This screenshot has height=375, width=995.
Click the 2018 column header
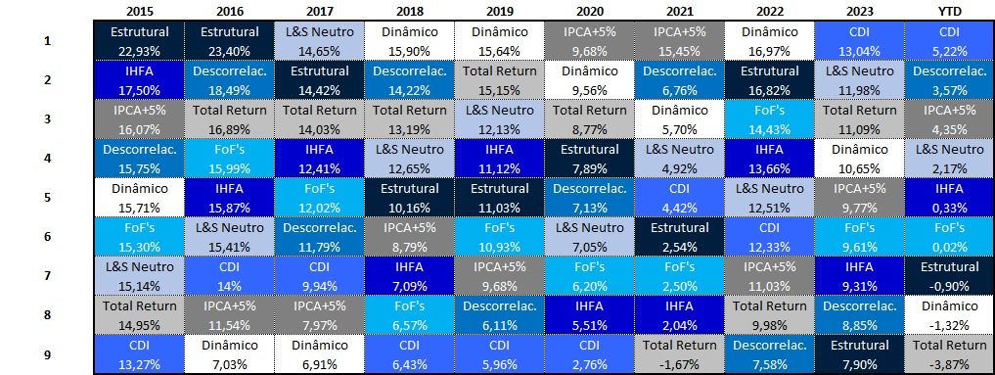(409, 12)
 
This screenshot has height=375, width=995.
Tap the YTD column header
(949, 12)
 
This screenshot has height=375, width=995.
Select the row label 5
(47, 197)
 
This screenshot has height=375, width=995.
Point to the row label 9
(47, 354)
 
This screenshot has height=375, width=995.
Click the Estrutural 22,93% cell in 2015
(139, 40)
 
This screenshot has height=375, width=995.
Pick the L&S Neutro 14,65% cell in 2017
(319, 40)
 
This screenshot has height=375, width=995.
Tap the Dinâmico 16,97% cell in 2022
(769, 40)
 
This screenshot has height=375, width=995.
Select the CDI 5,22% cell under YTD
(949, 40)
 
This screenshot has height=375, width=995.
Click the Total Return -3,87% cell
(949, 354)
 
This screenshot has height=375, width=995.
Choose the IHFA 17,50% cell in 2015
(139, 80)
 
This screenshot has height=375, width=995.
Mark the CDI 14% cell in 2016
(229, 276)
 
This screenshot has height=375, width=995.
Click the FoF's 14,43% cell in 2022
(769, 118)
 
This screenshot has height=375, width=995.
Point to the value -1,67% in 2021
(679, 364)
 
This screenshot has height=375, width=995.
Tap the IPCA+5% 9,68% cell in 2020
(590, 40)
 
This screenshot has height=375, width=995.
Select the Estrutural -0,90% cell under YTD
(949, 276)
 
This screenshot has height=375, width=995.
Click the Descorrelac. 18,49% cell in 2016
(229, 80)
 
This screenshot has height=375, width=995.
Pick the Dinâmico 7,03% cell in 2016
(229, 354)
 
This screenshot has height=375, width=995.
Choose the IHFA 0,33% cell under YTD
(949, 198)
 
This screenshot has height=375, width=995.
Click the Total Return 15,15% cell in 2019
(499, 80)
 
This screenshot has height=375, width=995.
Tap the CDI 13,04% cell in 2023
(859, 40)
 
